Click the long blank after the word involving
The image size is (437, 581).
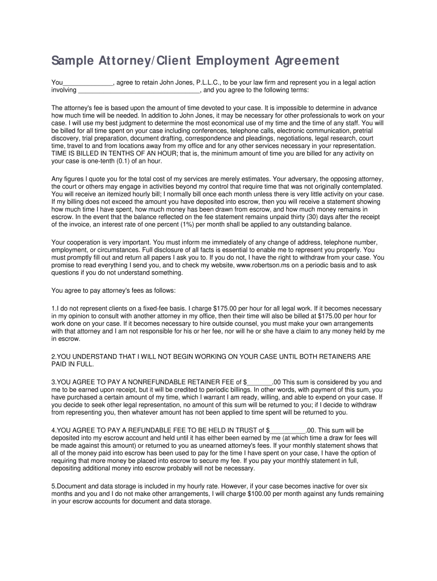click(x=139, y=90)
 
